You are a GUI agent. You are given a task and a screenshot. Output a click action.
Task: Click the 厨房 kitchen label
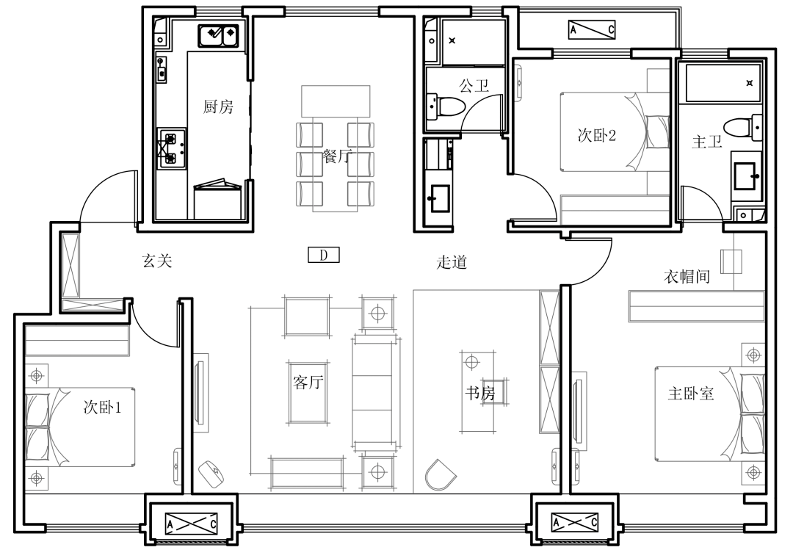219,106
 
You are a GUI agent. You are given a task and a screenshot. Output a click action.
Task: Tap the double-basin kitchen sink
219,35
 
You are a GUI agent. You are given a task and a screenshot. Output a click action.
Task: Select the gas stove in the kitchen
171,149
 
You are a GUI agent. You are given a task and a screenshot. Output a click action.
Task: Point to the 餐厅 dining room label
337,156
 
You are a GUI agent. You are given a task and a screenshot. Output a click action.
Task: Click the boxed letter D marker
324,255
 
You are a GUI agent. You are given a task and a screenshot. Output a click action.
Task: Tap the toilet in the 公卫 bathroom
446,106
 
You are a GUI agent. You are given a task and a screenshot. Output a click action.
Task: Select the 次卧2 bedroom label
597,135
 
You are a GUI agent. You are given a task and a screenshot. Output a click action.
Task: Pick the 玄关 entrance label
157,261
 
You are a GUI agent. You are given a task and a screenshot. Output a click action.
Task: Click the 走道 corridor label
452,262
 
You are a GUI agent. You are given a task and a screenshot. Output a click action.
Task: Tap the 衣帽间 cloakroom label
687,276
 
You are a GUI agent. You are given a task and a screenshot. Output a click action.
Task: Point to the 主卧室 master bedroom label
691,393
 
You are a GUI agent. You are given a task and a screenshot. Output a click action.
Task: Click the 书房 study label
480,393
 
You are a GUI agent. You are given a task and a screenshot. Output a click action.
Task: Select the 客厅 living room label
308,382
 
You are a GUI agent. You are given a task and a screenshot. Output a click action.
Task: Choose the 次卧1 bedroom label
103,408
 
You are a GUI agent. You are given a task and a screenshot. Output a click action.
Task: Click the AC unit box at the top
592,30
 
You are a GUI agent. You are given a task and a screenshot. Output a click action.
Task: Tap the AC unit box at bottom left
192,523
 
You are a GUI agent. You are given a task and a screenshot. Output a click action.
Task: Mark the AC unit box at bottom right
574,522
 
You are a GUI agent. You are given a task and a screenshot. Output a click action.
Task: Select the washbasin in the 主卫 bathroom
746,176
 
